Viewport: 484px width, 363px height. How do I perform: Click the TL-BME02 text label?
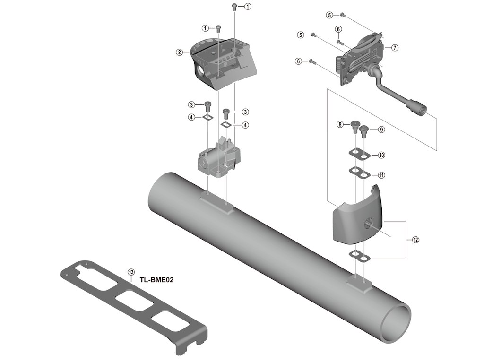(157, 280)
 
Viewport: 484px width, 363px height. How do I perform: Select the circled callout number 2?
(180, 52)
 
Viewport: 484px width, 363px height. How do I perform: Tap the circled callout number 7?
(395, 48)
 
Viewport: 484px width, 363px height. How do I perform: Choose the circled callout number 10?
(381, 155)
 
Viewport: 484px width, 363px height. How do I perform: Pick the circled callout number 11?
(381, 175)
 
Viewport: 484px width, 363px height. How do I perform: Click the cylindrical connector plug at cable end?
(418, 109)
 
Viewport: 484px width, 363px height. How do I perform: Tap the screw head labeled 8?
(354, 125)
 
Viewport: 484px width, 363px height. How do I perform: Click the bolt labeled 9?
(364, 130)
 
